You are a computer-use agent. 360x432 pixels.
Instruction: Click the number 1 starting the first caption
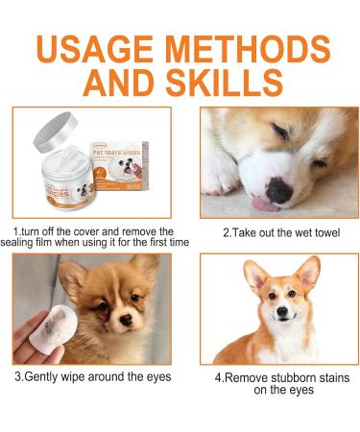pos(15,232)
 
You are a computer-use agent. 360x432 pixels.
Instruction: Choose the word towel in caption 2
pos(314,232)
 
